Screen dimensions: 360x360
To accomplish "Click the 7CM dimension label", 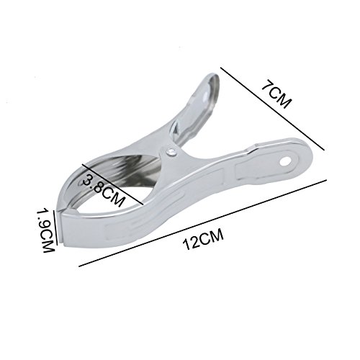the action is click(x=276, y=96).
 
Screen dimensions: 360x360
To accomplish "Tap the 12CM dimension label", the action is click(x=203, y=239).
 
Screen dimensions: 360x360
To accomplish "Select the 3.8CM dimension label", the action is click(x=102, y=190).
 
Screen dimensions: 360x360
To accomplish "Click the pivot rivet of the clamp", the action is click(x=171, y=153).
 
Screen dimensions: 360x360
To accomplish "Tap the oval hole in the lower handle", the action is click(x=285, y=162).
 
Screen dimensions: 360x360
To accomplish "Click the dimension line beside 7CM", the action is click(x=272, y=109).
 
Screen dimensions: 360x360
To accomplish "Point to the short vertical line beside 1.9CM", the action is click(x=55, y=228).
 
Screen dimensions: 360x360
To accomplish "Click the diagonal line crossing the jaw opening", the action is click(x=112, y=184).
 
